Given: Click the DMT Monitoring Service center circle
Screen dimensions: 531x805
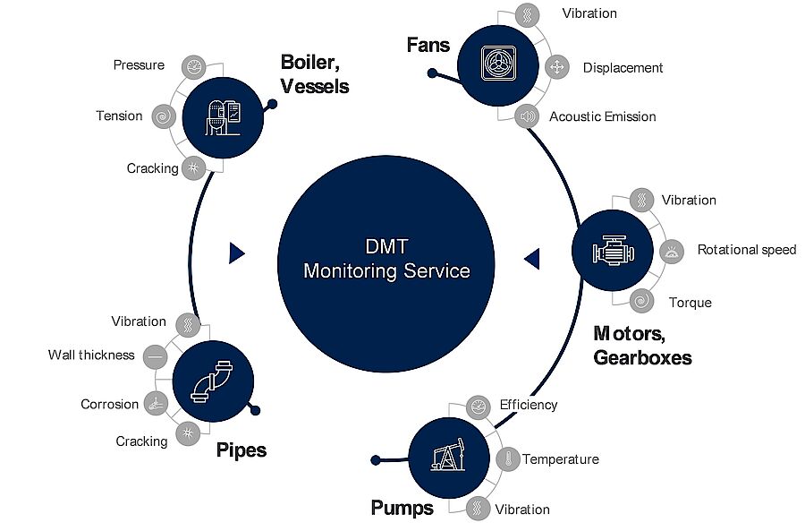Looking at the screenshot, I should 386,259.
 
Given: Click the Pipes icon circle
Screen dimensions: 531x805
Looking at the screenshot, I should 211,381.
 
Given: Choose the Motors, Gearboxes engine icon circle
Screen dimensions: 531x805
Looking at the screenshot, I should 611,252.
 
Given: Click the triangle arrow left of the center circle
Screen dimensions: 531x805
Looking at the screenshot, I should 237,253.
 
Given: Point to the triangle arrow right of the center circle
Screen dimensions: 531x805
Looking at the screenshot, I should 531,259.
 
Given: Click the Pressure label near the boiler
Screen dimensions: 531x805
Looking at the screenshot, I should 139,64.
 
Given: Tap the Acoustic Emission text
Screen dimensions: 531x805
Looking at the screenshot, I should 602,116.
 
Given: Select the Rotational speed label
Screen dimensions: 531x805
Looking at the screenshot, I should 746,250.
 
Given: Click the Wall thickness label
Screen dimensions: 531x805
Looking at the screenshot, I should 91,355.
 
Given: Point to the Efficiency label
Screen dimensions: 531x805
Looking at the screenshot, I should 528,405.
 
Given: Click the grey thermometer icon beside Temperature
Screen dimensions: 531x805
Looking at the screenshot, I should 507,460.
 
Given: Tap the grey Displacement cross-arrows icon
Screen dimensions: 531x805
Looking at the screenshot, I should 556,67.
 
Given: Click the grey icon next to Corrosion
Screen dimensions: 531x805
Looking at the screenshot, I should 156,403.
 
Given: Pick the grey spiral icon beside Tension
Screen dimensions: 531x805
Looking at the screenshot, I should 163,116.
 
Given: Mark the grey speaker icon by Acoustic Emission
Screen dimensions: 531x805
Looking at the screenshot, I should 527,116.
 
